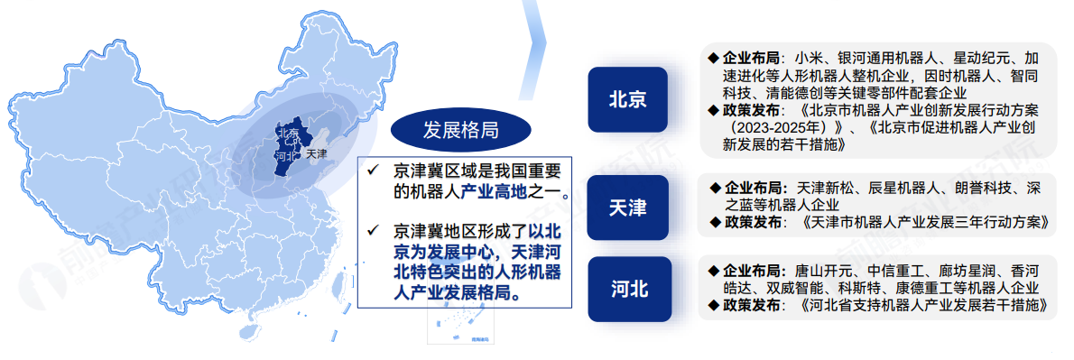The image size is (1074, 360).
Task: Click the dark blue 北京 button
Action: click(x=627, y=99)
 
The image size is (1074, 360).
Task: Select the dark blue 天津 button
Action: click(x=627, y=208)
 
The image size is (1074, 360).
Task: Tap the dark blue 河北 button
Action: click(x=627, y=289)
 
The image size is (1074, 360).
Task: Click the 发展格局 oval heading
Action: click(x=460, y=130)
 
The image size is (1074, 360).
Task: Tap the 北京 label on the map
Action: click(x=287, y=133)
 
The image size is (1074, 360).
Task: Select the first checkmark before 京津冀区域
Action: click(x=373, y=170)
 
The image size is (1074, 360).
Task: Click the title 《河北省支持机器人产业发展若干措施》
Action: click(x=923, y=305)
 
